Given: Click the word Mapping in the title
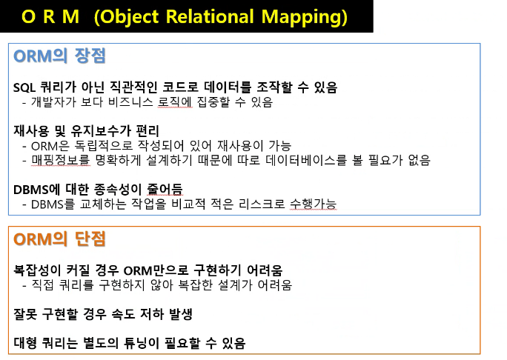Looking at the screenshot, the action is click(304, 17).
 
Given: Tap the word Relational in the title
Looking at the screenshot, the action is click(210, 16).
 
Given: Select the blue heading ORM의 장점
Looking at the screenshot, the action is click(59, 56).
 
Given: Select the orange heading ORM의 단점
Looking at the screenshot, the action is click(59, 239).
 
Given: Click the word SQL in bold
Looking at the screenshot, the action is click(24, 87).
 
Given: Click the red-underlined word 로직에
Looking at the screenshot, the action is click(175, 102).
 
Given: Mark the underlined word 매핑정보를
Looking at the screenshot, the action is click(61, 160).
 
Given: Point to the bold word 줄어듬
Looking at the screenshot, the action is click(165, 190).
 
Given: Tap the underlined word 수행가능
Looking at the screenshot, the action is click(313, 204).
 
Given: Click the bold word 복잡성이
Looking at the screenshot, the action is click(37, 270).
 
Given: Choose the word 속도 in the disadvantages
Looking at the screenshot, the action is click(123, 314).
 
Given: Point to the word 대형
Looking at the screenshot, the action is click(25, 343).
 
